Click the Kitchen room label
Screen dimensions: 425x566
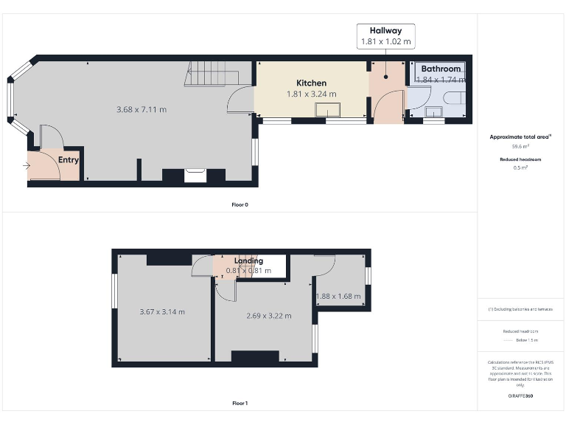[311, 83]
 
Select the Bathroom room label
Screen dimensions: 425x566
[441, 69]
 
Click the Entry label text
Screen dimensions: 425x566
[69, 159]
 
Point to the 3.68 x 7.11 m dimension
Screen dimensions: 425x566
[141, 109]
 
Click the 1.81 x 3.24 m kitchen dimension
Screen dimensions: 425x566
[311, 94]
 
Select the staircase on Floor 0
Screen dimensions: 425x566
[214, 75]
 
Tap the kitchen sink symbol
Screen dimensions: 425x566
[328, 110]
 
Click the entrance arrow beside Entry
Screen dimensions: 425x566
[27, 167]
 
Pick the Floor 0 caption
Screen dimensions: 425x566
[240, 204]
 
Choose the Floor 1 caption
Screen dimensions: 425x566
[240, 404]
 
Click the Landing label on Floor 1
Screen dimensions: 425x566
[248, 261]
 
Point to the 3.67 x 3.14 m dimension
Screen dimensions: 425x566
[162, 311]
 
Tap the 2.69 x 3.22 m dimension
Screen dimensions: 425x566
[268, 316]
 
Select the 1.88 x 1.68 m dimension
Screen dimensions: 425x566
[338, 297]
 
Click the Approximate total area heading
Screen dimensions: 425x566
[520, 137]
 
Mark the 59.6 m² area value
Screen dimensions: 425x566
[520, 147]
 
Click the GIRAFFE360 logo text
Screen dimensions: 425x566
[520, 396]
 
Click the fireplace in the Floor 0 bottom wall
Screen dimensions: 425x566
[195, 176]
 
